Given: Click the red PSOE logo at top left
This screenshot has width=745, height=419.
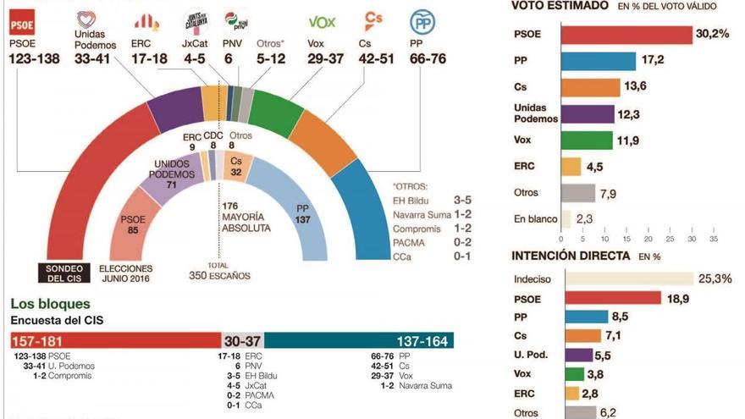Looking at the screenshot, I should (x=20, y=20).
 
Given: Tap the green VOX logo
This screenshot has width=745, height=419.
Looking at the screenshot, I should (x=322, y=22).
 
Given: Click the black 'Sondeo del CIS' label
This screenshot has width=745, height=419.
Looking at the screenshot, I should (x=63, y=273).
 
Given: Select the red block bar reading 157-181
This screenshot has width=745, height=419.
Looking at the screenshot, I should (x=115, y=340).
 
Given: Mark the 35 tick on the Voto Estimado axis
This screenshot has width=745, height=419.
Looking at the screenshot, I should (x=713, y=239).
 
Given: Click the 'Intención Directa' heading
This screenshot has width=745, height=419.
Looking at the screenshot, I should (x=571, y=256).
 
